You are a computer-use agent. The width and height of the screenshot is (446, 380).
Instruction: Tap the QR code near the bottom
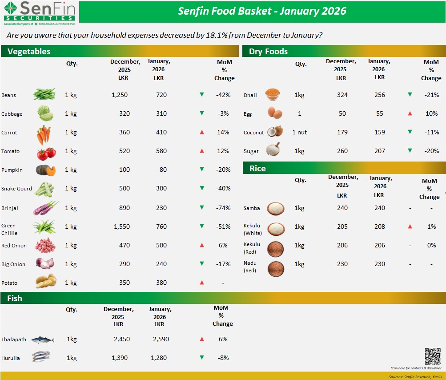coord(432,356)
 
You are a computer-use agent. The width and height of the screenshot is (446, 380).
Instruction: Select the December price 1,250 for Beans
coord(121,95)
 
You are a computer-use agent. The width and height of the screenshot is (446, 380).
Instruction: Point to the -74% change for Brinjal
coord(223,208)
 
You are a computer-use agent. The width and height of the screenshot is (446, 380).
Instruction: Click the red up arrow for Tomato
coord(202,151)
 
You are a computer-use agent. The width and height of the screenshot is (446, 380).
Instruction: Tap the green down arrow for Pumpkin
coord(202,170)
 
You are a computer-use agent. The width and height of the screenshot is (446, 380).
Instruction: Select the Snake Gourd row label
coord(16,189)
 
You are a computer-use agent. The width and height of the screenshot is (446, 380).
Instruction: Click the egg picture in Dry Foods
coord(275,113)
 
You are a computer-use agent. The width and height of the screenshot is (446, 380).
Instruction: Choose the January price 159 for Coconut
coord(379,132)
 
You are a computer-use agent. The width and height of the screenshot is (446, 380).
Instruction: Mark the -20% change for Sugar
coord(431,151)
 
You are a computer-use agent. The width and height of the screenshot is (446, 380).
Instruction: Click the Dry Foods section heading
coord(268,51)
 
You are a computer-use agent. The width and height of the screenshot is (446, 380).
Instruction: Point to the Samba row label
coord(252,208)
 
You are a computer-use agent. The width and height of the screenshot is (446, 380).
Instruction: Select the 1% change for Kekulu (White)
coord(431,226)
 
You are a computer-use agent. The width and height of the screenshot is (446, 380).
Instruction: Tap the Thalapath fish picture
coord(43,340)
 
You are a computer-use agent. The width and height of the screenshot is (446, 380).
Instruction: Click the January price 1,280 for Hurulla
coord(159,358)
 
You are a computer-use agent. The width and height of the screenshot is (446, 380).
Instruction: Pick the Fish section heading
coord(15,298)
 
